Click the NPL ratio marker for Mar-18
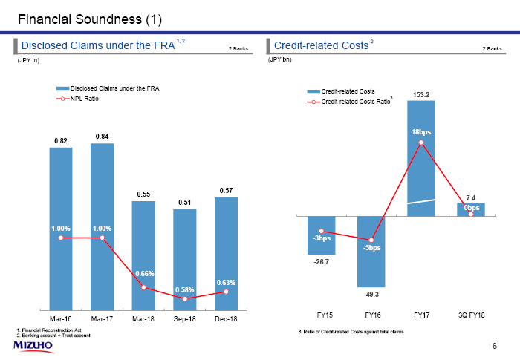143,287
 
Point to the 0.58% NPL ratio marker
185,298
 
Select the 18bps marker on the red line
421,143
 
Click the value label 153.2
421,94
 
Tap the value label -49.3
371,295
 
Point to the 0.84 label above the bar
103,136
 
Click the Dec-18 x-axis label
226,319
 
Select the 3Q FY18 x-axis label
470,316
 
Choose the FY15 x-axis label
321,316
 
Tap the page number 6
495,347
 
